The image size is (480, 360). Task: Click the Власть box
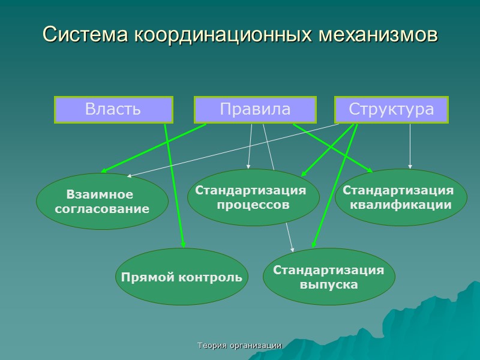(113, 110)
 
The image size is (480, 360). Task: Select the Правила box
(255, 110)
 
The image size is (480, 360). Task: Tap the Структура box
(391, 110)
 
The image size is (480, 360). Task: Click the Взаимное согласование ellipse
(102, 202)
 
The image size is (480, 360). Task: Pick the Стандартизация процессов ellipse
(253, 197)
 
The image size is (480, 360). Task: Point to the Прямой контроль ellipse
(182, 277)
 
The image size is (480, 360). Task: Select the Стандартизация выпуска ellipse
(328, 277)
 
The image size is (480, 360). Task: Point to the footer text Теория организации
(240, 346)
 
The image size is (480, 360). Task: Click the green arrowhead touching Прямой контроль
(183, 245)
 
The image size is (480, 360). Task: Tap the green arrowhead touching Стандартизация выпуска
(313, 245)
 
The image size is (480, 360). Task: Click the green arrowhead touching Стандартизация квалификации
(370, 170)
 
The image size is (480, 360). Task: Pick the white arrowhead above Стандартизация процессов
(248, 166)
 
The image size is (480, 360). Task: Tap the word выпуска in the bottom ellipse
(328, 284)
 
